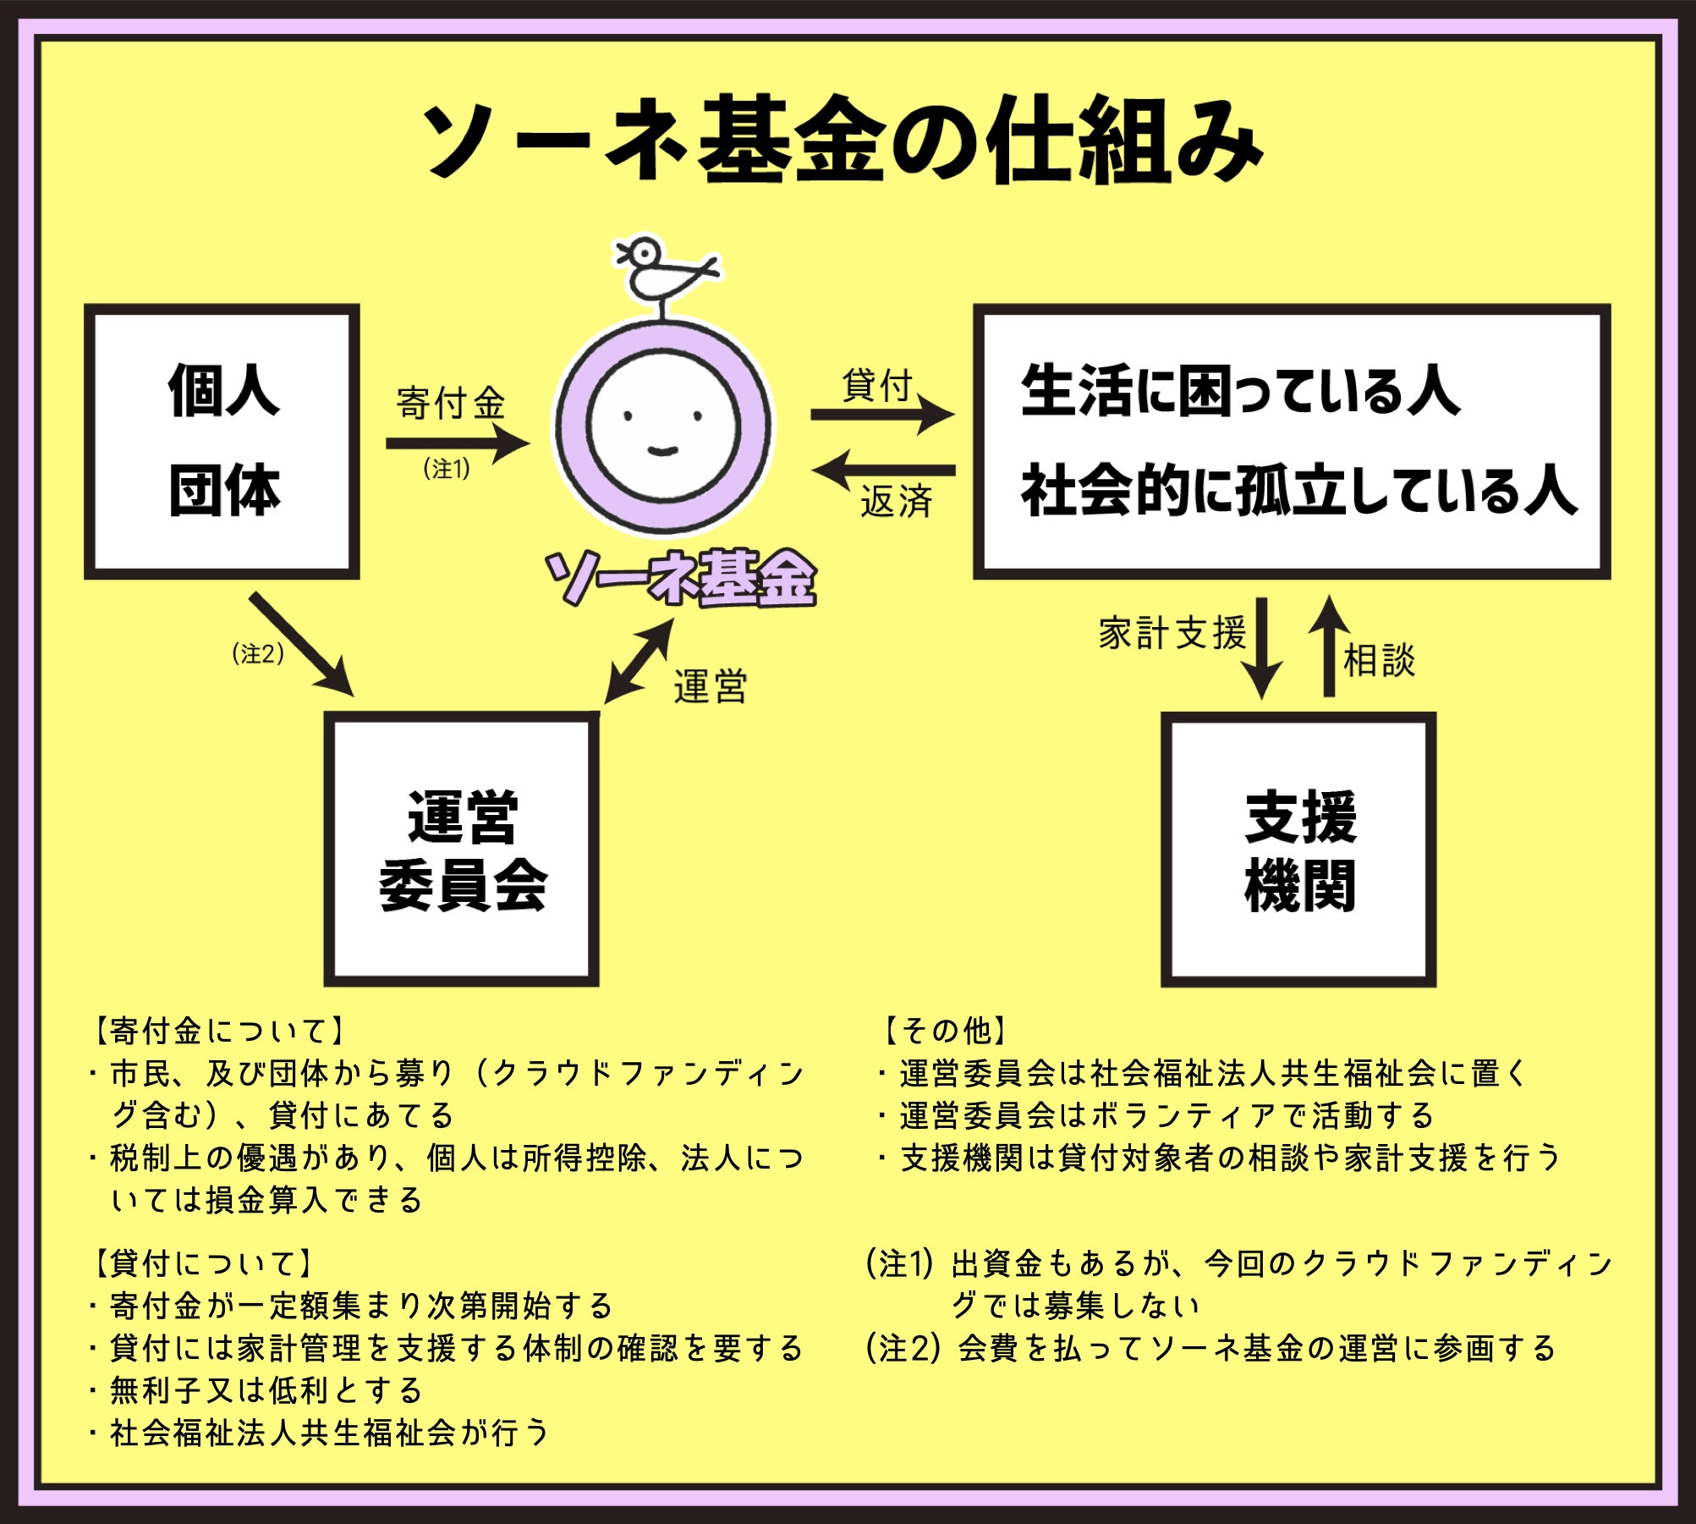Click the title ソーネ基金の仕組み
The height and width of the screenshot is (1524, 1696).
[x=842, y=140]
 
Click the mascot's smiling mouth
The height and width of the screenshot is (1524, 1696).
[x=662, y=450]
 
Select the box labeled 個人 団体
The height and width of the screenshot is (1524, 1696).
[x=222, y=441]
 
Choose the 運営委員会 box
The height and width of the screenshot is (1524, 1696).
[x=462, y=849]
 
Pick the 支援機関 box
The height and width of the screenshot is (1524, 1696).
[x=1298, y=849]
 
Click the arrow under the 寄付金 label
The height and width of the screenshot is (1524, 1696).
[x=457, y=443]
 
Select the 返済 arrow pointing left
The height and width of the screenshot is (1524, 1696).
[x=884, y=470]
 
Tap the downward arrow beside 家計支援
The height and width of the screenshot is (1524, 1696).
[x=1261, y=647]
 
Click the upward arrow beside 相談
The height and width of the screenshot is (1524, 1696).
[x=1329, y=647]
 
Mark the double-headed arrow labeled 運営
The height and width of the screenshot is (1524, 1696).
[x=639, y=661]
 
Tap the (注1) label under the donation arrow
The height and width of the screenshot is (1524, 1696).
[x=447, y=468]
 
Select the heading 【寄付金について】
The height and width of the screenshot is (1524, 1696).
[x=217, y=1030]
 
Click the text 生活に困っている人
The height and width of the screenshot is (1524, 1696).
[x=1240, y=392]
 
